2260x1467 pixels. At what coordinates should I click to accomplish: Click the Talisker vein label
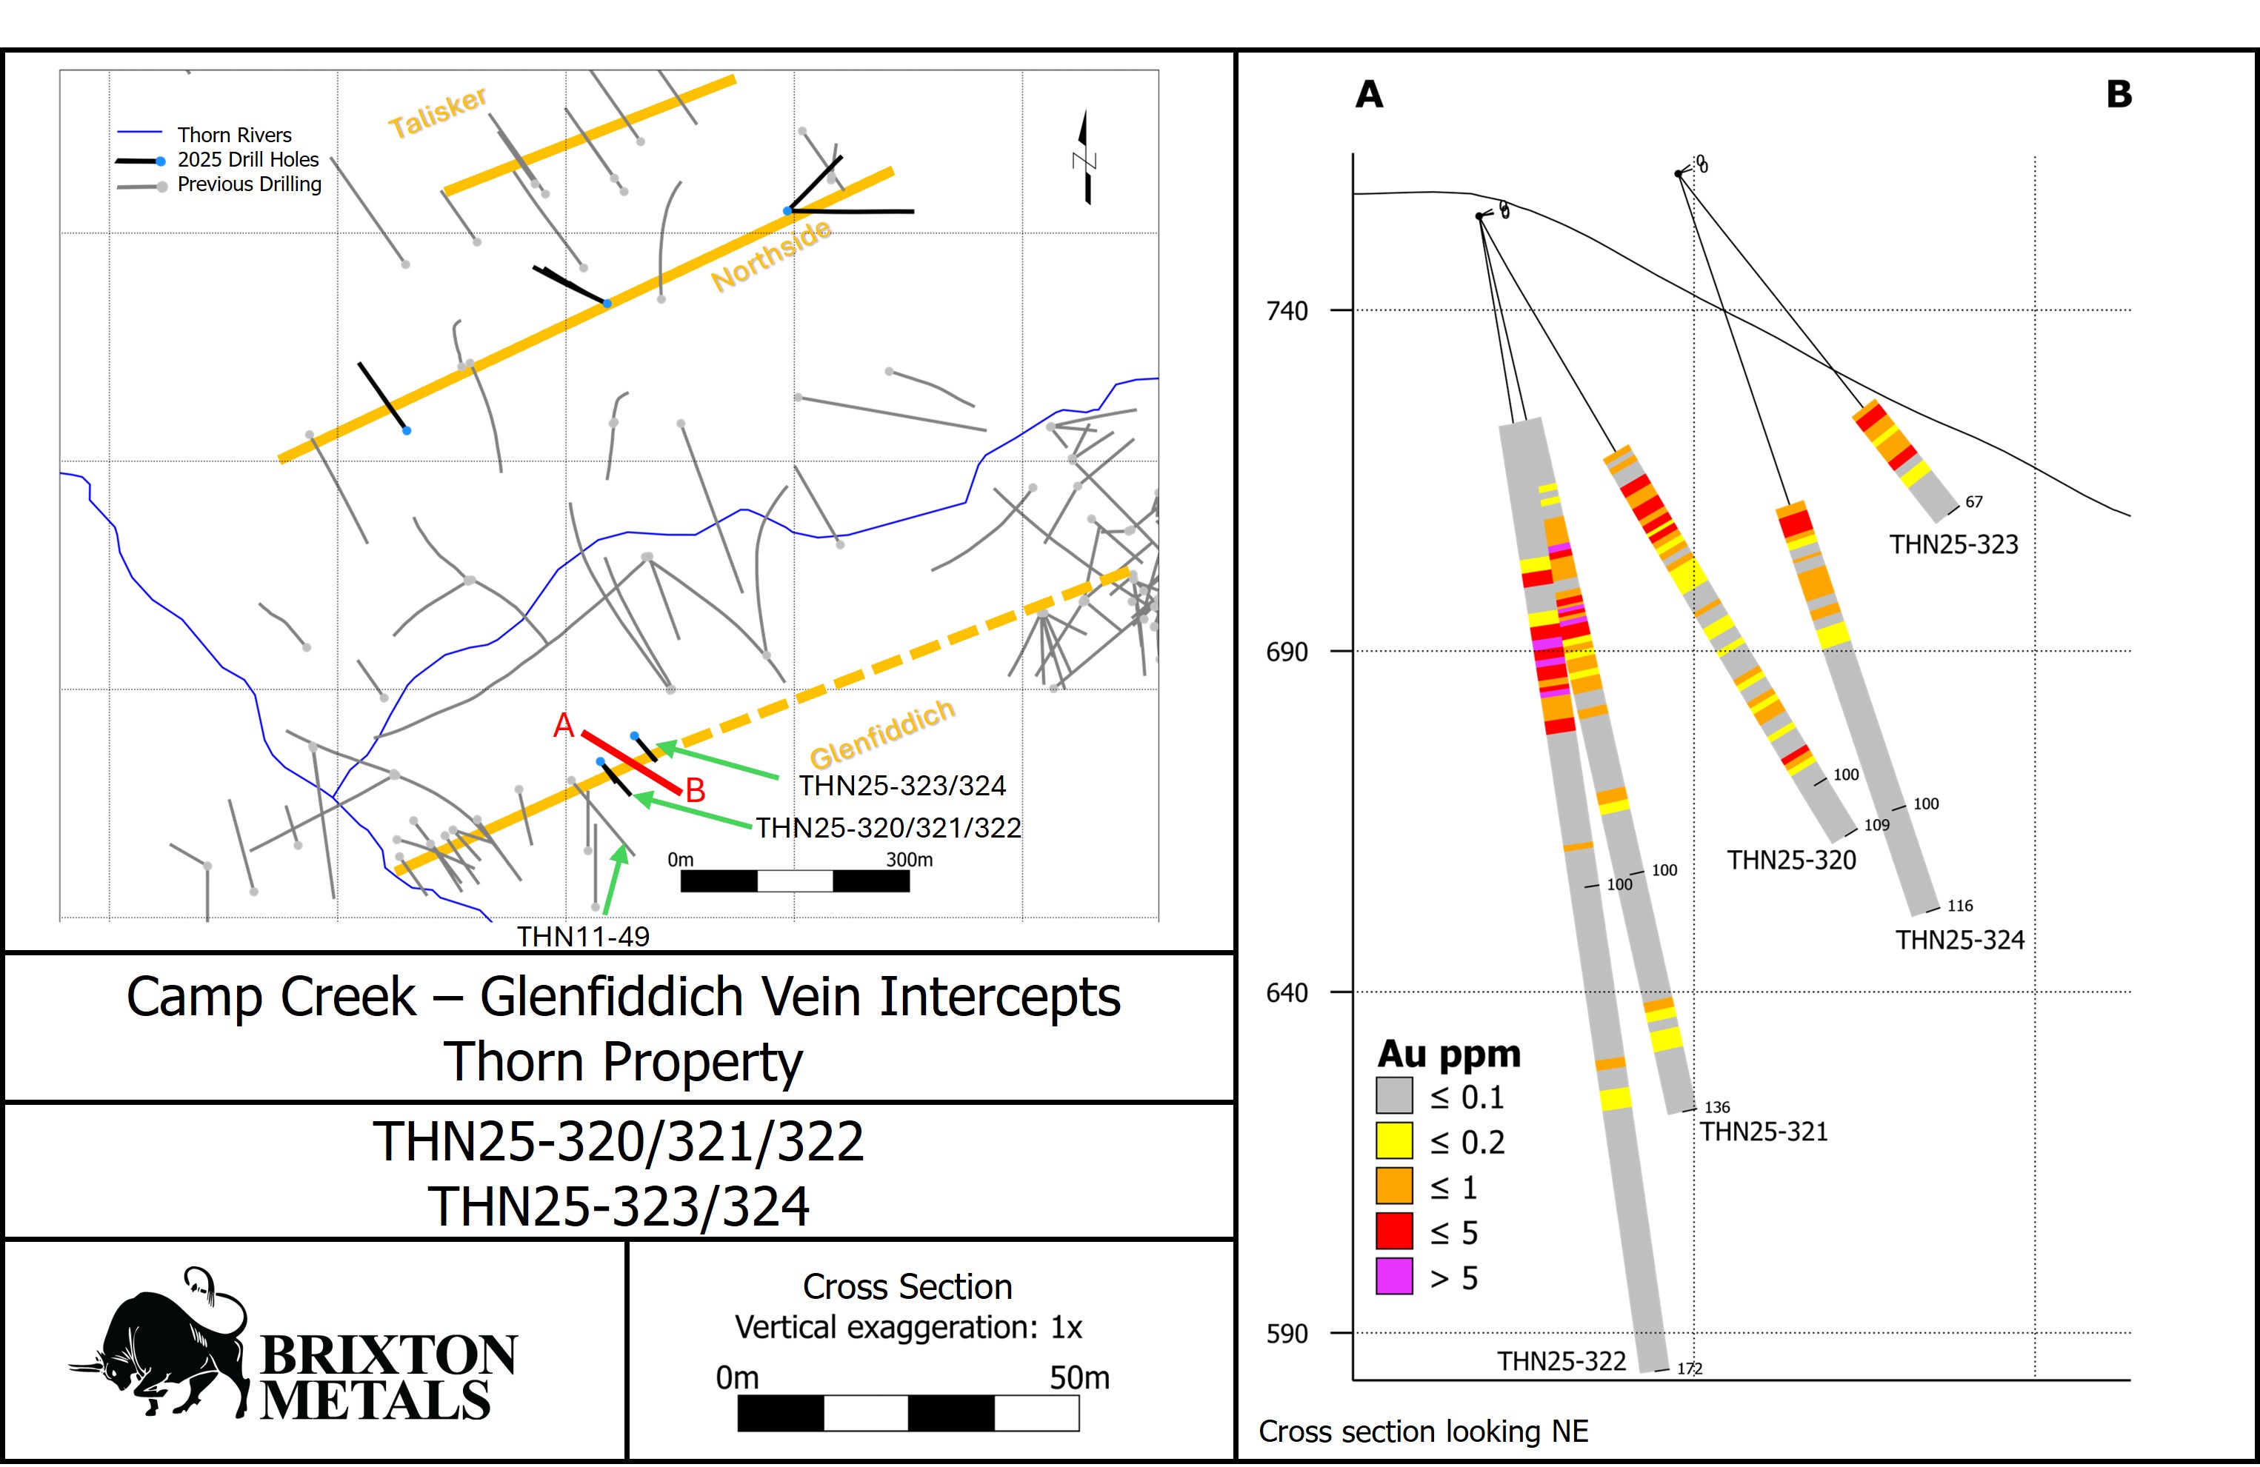click(438, 112)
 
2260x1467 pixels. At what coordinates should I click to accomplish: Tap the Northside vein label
click(771, 255)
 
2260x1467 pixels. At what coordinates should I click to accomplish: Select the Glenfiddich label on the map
click(881, 733)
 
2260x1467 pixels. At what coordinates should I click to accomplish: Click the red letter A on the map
click(564, 726)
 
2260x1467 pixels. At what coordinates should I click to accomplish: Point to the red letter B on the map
click(695, 790)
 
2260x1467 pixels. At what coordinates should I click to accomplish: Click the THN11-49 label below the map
click(583, 936)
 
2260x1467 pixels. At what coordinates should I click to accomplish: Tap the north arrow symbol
click(1084, 158)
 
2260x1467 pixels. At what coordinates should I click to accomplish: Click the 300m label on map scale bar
click(909, 859)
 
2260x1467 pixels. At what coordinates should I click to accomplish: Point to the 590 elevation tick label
click(1287, 1334)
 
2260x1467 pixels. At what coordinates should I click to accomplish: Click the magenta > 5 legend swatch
click(1394, 1276)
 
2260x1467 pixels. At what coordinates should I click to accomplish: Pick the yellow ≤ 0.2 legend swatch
click(1394, 1140)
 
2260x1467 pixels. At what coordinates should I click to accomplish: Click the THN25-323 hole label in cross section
click(1953, 544)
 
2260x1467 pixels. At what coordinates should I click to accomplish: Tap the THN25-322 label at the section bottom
click(1561, 1360)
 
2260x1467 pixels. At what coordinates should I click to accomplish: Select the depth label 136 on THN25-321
click(1717, 1107)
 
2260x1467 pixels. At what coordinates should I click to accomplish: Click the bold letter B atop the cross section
click(2119, 94)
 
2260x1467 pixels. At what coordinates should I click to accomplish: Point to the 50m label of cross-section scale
click(1079, 1377)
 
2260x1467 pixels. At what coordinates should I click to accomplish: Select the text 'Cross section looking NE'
click(1422, 1431)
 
